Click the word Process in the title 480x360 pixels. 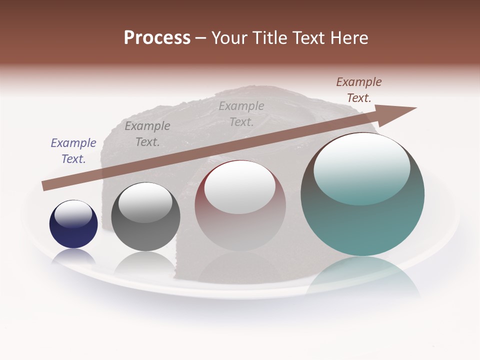coord(157,38)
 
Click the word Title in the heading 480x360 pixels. coord(270,38)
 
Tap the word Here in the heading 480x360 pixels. coord(349,38)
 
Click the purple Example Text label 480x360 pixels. coord(73,151)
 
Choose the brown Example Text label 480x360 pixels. coord(358,90)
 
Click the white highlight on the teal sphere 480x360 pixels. coord(362,167)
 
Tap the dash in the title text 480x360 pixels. coord(200,38)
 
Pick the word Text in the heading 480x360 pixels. coord(310,38)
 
